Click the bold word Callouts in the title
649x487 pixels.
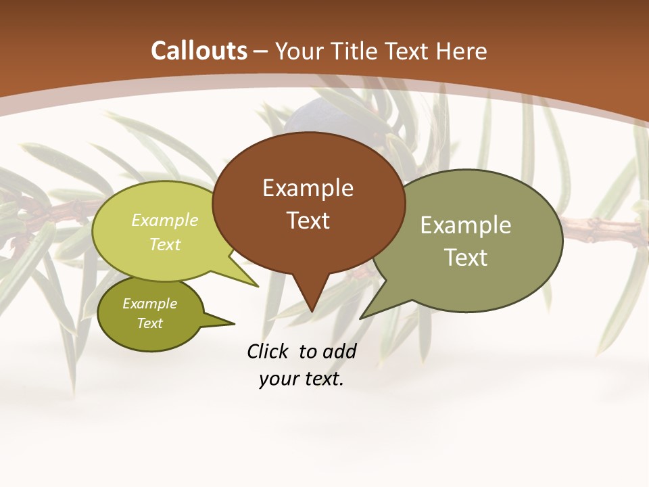(x=199, y=51)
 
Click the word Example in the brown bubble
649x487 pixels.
(x=308, y=188)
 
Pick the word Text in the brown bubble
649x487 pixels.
(x=308, y=221)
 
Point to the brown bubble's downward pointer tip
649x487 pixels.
(x=312, y=310)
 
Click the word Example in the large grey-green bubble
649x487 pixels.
(x=465, y=225)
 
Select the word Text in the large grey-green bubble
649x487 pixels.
(x=465, y=258)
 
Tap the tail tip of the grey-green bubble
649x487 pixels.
(x=361, y=317)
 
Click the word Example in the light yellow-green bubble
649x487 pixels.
(x=165, y=221)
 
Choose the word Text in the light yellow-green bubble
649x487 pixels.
(x=165, y=245)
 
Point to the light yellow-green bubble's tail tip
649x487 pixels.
(x=257, y=286)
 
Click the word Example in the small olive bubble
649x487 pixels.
(x=149, y=304)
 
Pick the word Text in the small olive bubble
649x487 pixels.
(x=149, y=323)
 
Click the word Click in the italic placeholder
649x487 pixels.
(x=268, y=351)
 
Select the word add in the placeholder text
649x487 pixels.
(x=339, y=351)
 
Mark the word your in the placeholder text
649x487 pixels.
(x=279, y=379)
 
